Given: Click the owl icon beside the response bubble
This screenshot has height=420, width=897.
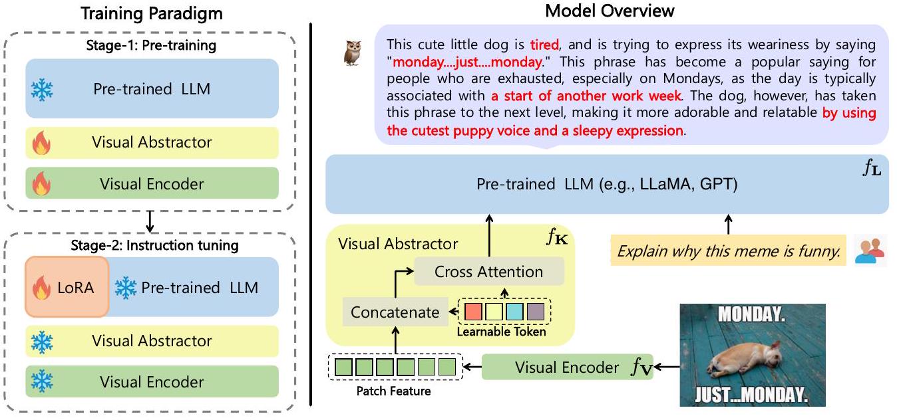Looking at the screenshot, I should (352, 52).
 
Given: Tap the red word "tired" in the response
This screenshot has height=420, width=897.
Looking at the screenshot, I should (546, 45).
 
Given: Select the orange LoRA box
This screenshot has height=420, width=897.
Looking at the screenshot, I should (67, 288).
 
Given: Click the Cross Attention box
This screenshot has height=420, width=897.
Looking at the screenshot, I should (488, 272).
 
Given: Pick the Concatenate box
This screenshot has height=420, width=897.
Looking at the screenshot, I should (395, 312).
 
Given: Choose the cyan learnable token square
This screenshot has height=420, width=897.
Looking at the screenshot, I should (514, 311).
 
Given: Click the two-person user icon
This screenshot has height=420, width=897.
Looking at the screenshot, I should (870, 251).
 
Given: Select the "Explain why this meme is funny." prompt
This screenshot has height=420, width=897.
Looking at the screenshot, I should (729, 252).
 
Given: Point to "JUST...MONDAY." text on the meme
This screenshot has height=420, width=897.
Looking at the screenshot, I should (753, 395).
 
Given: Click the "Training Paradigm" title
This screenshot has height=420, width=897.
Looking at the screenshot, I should (152, 13).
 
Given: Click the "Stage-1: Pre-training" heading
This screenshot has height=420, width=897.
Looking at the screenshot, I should (151, 47).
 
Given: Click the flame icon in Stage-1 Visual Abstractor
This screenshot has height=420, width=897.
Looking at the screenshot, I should (41, 143).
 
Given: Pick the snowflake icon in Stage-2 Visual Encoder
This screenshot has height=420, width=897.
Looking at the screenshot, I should (42, 381).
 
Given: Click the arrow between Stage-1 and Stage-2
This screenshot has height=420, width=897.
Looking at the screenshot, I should (151, 221).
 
